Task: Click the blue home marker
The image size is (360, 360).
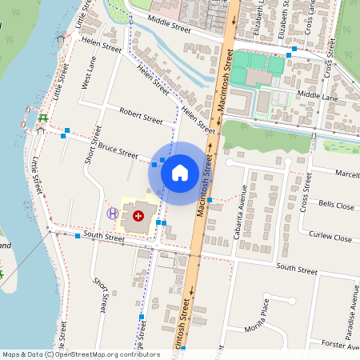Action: click(180, 172)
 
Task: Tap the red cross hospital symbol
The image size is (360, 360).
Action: click(138, 215)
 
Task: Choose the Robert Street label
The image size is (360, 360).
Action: click(140, 118)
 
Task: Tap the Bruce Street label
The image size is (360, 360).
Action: click(118, 151)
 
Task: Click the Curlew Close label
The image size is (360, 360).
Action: click(331, 238)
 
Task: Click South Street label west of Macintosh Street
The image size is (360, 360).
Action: click(104, 236)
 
